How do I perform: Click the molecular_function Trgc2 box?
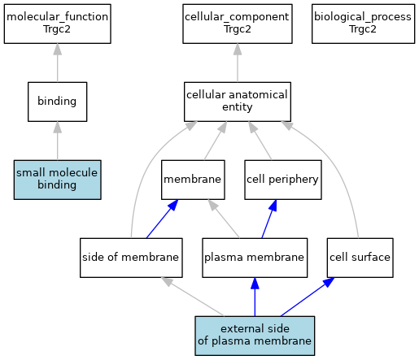pyautogui.click(x=58, y=24)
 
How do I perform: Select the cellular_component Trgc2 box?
pyautogui.click(x=238, y=24)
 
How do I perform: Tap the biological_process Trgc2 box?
pyautogui.click(x=363, y=24)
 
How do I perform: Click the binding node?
pyautogui.click(x=58, y=102)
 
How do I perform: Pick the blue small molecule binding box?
pyautogui.click(x=58, y=180)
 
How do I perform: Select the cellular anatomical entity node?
pyautogui.click(x=238, y=102)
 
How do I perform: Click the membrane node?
pyautogui.click(x=193, y=180)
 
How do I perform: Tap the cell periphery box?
pyautogui.click(x=283, y=180)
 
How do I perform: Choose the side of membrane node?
pyautogui.click(x=131, y=258)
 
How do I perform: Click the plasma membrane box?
pyautogui.click(x=255, y=258)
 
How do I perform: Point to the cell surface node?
pyautogui.click(x=360, y=258)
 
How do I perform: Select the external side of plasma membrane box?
pyautogui.click(x=255, y=336)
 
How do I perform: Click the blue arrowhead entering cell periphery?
pyautogui.click(x=273, y=206)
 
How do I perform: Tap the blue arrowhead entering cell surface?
pyautogui.click(x=329, y=282)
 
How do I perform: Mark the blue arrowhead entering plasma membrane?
pyautogui.click(x=255, y=284)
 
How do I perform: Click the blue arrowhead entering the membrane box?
pyautogui.click(x=173, y=205)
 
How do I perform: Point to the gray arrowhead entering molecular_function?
pyautogui.click(x=58, y=50)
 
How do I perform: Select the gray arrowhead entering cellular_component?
pyautogui.click(x=238, y=50)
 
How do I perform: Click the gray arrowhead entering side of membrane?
pyautogui.click(x=167, y=281)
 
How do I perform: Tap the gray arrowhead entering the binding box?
pyautogui.click(x=58, y=128)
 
